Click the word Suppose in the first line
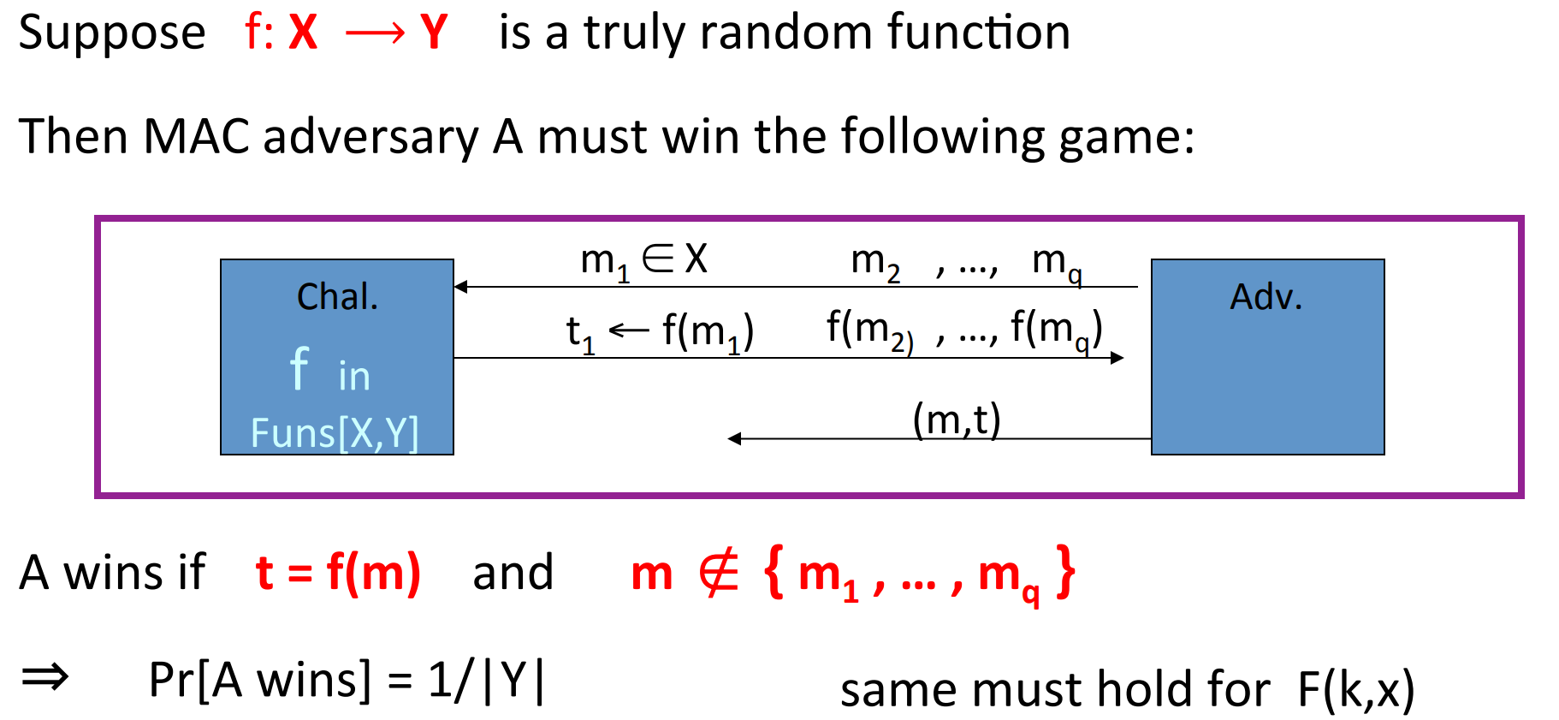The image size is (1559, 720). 112,34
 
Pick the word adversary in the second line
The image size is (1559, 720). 370,137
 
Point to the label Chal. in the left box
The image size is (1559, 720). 337,297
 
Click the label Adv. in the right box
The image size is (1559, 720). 1266,297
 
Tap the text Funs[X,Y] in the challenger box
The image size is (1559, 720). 335,432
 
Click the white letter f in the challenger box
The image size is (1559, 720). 299,369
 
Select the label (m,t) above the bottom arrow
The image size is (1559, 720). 957,420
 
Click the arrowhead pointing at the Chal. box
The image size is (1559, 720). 460,287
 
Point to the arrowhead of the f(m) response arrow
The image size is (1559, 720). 1117,358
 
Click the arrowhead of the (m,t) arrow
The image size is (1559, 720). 734,438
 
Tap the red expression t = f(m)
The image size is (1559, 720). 338,573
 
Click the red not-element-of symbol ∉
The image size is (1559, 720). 718,573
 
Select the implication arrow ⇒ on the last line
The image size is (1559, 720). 44,678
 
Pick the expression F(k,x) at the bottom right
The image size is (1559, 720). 1355,689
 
